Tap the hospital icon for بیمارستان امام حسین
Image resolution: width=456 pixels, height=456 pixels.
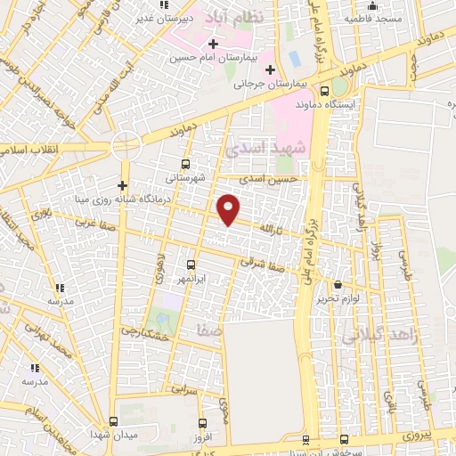point(212,44)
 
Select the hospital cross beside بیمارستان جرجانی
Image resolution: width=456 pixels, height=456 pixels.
point(269,69)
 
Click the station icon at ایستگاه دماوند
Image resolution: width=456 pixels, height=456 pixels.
point(338,88)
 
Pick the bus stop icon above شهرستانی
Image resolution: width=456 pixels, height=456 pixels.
point(185,164)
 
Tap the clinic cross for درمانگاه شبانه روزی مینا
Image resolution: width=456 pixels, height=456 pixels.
point(122,185)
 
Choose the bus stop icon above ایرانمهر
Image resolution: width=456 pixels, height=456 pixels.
point(191,265)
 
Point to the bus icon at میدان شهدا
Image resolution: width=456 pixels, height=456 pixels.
point(113,421)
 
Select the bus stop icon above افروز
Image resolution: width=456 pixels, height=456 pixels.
point(203,422)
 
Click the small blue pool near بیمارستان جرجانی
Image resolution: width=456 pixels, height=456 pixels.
point(294,59)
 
